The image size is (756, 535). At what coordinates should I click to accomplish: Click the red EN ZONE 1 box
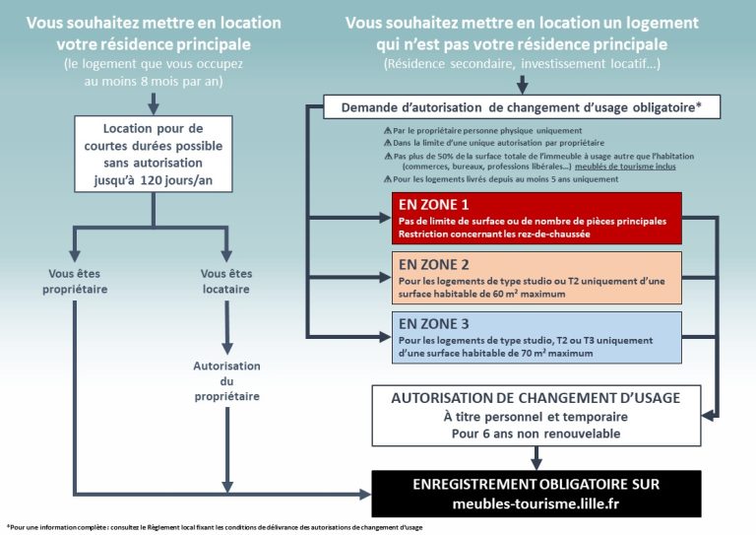[x=536, y=218]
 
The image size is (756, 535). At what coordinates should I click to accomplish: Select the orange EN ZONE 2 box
[x=536, y=278]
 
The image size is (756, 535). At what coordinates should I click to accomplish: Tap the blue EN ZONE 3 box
[x=536, y=337]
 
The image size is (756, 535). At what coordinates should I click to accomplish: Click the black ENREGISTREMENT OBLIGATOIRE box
[x=536, y=494]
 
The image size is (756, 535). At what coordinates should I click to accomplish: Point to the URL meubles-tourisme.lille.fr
[x=535, y=503]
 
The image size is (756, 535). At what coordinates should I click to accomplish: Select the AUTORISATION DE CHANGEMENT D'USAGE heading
[x=535, y=398]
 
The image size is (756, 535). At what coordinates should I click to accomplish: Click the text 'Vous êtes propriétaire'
[x=75, y=281]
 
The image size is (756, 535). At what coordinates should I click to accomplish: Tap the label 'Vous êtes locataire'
[x=226, y=281]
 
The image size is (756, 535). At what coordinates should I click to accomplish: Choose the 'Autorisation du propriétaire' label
[x=226, y=381]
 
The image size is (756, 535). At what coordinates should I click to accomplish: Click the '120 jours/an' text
[x=176, y=180]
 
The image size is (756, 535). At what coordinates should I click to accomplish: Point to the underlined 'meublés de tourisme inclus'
[x=625, y=167]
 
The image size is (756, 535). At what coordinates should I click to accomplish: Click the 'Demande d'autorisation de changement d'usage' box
[x=522, y=107]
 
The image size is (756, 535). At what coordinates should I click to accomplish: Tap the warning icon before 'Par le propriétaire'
[x=387, y=130]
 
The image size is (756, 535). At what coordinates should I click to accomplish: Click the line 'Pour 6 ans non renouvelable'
[x=535, y=434]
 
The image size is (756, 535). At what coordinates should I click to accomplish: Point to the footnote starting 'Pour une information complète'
[x=215, y=527]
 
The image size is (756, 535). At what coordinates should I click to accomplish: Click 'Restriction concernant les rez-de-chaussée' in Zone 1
[x=494, y=234]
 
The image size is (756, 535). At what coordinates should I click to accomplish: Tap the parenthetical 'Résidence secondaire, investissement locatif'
[x=522, y=64]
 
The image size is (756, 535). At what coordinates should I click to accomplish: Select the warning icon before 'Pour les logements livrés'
[x=387, y=179]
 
